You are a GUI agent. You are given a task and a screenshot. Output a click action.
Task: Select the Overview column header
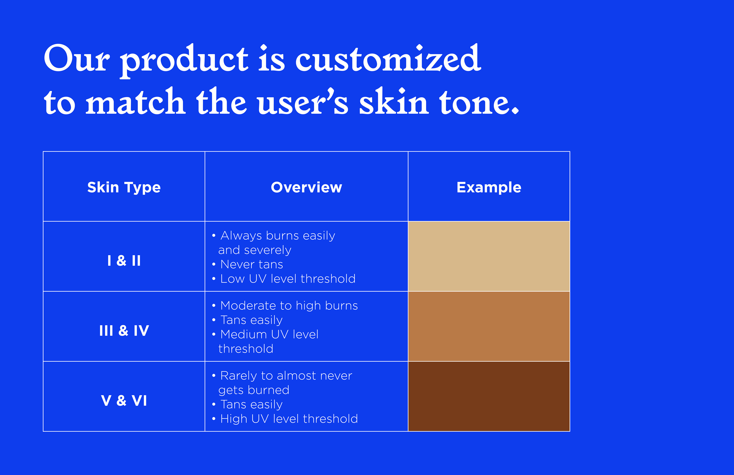(306, 187)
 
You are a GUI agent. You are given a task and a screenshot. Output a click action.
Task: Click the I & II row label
(124, 261)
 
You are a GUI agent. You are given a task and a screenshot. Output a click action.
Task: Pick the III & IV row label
(124, 331)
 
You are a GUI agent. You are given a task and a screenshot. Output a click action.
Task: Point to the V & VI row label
(124, 401)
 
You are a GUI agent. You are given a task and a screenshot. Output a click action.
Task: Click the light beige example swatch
(489, 256)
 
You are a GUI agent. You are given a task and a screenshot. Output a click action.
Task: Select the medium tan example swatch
(489, 326)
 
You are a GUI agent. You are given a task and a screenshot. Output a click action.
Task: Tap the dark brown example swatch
(489, 396)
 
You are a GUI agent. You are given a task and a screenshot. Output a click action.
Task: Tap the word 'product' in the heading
(184, 61)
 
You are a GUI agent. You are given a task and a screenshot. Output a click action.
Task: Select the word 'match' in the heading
(135, 101)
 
